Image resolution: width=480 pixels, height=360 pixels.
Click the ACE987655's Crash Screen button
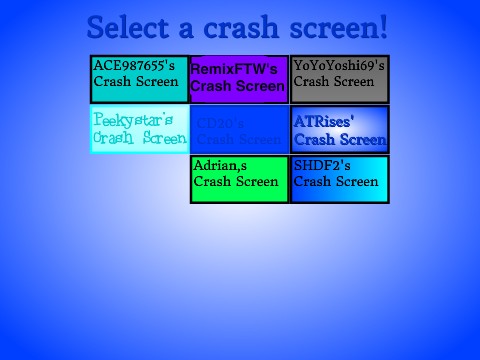click(139, 79)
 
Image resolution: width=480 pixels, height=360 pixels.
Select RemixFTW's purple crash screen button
click(239, 79)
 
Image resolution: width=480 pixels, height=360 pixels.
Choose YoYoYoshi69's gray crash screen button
click(339, 79)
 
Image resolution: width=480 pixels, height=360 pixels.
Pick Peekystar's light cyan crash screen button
click(139, 129)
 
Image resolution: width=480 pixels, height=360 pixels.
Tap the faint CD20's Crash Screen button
click(239, 129)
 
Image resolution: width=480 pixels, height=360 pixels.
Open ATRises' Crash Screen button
click(339, 129)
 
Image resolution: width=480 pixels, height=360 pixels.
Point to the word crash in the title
click(250, 26)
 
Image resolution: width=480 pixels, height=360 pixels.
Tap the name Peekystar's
click(133, 119)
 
